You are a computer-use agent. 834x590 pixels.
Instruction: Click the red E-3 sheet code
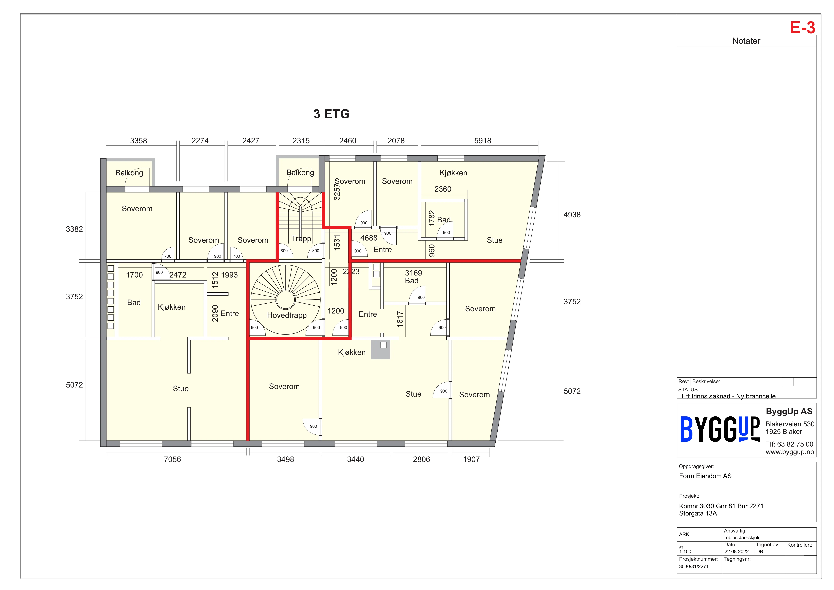(x=802, y=28)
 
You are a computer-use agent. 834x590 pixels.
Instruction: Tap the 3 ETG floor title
(x=331, y=114)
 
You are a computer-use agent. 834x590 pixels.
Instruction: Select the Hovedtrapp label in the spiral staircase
(x=287, y=315)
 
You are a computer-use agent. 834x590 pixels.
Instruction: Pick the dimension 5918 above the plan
(x=482, y=141)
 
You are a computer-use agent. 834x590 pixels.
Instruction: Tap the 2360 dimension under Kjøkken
(x=443, y=189)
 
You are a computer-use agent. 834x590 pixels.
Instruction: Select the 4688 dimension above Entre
(x=369, y=238)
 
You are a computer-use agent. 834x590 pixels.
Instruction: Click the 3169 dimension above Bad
(x=413, y=273)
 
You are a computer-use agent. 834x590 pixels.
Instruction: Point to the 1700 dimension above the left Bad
(x=134, y=275)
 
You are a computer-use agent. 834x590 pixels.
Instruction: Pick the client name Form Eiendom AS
(x=705, y=476)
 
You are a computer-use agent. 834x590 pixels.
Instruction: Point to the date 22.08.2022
(x=736, y=551)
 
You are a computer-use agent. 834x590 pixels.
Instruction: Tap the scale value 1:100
(x=685, y=551)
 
